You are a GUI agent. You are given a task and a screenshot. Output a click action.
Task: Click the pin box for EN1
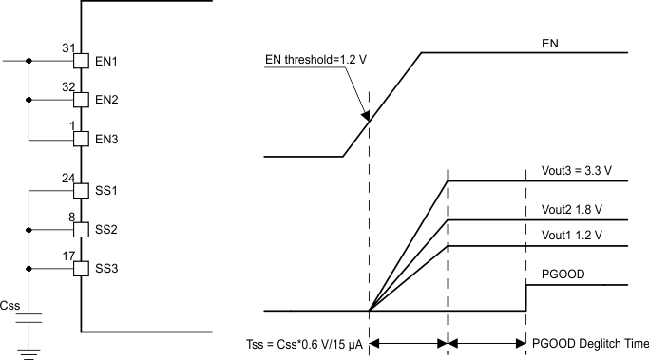point(81,61)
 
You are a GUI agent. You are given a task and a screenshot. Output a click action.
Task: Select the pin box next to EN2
point(81,99)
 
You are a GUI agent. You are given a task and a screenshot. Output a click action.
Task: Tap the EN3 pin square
point(81,139)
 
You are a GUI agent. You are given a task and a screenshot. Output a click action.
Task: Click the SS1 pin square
point(81,190)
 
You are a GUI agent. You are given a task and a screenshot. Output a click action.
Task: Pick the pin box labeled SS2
point(81,229)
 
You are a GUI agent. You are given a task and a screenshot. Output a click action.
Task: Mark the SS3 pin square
point(81,268)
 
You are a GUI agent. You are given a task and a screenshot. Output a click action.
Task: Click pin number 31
point(67,47)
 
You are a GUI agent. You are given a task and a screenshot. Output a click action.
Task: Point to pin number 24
point(67,177)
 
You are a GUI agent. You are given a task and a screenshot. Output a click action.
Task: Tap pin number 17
point(67,255)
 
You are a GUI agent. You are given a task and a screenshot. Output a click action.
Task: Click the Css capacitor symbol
point(29,317)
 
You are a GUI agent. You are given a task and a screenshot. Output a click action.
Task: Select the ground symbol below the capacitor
point(29,353)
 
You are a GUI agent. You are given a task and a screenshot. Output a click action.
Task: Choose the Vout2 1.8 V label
point(566,210)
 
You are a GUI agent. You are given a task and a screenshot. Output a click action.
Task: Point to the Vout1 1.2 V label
point(566,235)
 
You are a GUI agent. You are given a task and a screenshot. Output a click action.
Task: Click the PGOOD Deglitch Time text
point(591,344)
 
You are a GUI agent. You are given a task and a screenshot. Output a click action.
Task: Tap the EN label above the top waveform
point(549,43)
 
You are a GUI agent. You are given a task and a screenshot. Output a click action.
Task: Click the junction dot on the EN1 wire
point(29,61)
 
